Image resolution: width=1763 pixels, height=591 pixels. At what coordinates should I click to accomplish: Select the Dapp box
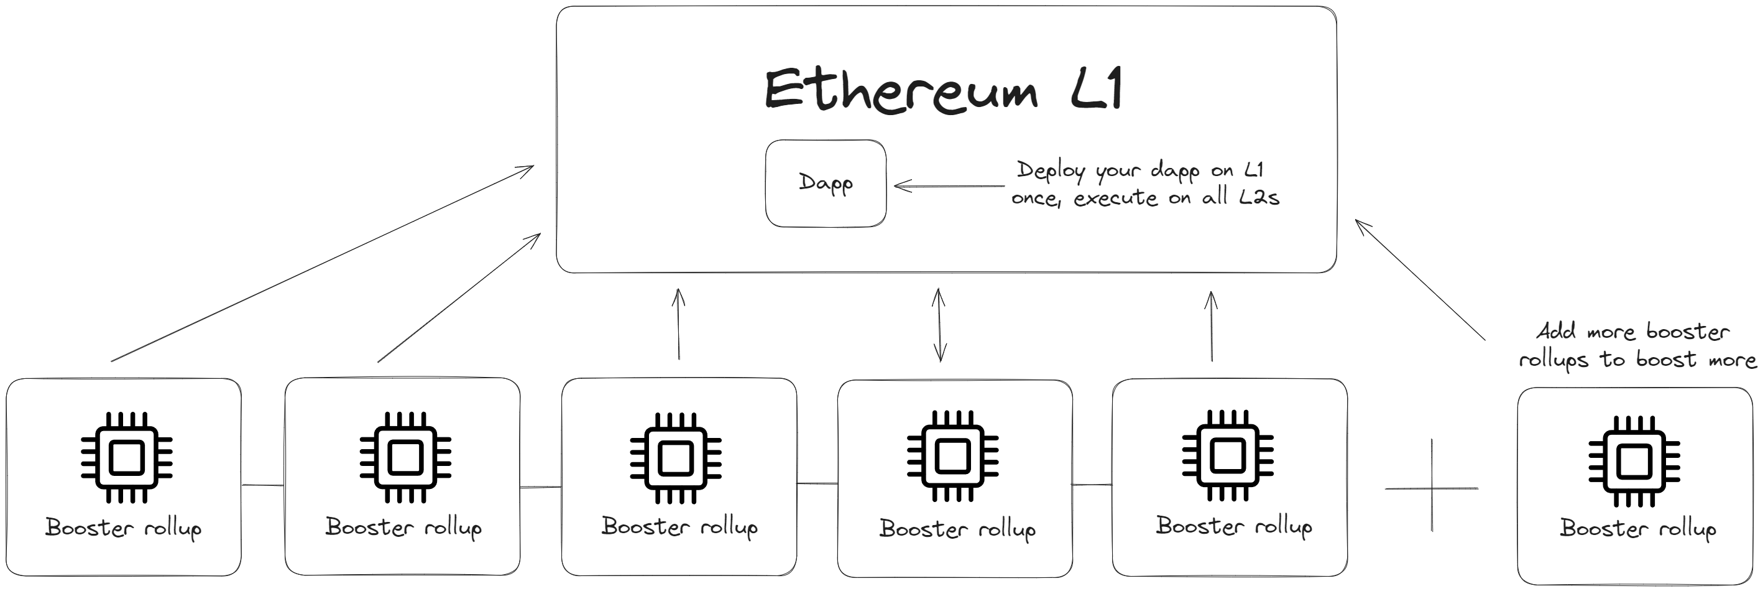826,183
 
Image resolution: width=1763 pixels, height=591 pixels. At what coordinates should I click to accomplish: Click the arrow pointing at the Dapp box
949,185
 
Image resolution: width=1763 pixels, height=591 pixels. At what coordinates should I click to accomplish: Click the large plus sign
1432,487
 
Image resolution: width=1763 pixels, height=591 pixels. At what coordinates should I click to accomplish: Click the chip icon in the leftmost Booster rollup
127,457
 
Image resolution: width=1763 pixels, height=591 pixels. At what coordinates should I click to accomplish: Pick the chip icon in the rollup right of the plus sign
1634,461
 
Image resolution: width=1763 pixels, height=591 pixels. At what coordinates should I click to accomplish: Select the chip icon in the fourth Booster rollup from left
952,456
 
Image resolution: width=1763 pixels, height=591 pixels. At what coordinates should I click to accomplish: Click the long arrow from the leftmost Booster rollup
323,263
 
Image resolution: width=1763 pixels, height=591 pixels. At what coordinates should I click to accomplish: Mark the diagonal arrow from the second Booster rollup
459,297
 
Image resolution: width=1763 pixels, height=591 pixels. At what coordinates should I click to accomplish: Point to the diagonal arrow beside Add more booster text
1420,279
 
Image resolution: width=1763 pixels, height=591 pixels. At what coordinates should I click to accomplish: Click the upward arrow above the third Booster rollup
678,323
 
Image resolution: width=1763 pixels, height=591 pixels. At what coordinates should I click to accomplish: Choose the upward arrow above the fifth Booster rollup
1211,326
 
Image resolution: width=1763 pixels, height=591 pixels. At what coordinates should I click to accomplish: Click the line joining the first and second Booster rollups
263,485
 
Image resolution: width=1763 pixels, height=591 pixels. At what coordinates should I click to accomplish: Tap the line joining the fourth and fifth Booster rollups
1092,485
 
